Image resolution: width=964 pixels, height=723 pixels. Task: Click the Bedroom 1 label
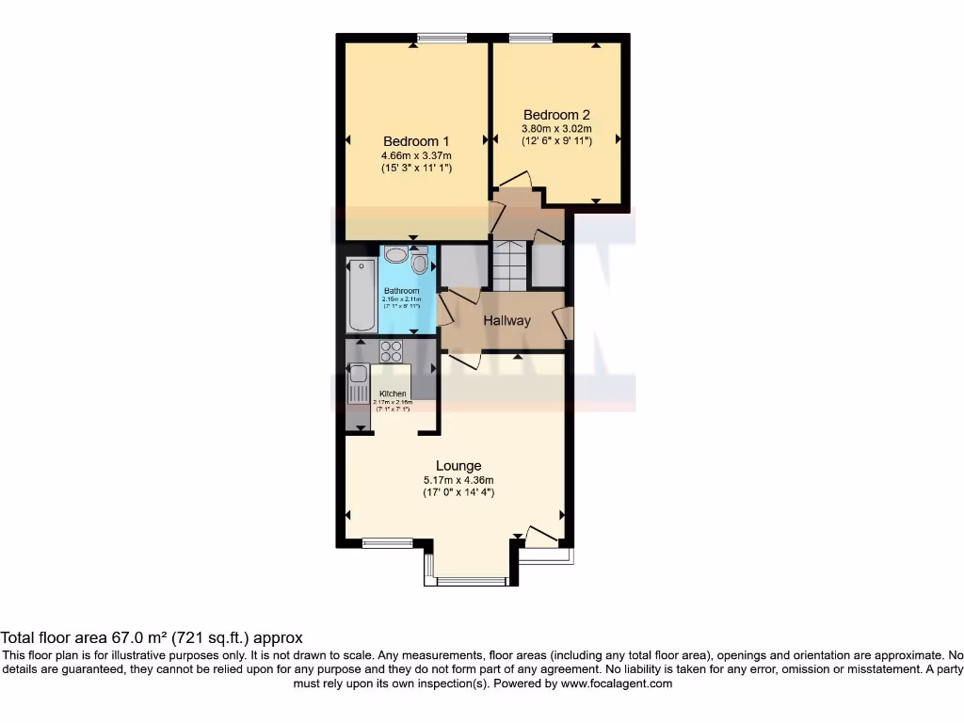pos(416,141)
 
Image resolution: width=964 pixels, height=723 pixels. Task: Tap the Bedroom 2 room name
pos(556,115)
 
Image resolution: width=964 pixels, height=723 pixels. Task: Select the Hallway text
pos(506,320)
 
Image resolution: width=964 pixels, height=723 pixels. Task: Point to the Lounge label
pos(458,465)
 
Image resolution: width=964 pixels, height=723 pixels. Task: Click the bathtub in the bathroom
pos(361,294)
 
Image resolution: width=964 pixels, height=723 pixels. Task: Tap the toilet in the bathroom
pos(419,262)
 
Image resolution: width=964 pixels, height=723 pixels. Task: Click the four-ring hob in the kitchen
pos(391,351)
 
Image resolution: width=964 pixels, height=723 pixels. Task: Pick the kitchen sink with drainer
pos(358,381)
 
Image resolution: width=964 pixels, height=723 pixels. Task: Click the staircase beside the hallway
pos(510,265)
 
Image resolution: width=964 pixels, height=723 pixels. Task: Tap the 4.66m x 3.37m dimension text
pos(416,155)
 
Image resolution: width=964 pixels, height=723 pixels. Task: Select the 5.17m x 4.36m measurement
pos(458,479)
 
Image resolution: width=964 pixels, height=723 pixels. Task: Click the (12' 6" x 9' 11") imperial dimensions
pos(556,141)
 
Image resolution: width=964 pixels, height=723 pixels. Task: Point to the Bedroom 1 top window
pos(435,38)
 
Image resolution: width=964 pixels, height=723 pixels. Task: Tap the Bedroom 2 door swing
pos(516,179)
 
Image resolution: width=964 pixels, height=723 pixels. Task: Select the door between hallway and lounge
pos(463,360)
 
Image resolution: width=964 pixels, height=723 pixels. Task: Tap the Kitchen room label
pos(393,394)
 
